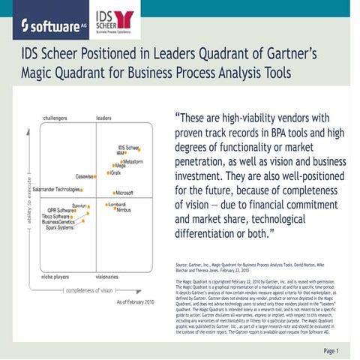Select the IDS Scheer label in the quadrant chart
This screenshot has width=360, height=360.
click(x=128, y=148)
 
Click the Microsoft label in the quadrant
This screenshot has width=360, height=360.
click(x=124, y=193)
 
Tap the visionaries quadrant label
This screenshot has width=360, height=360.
click(x=110, y=277)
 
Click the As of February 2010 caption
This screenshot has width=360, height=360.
click(x=136, y=301)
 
